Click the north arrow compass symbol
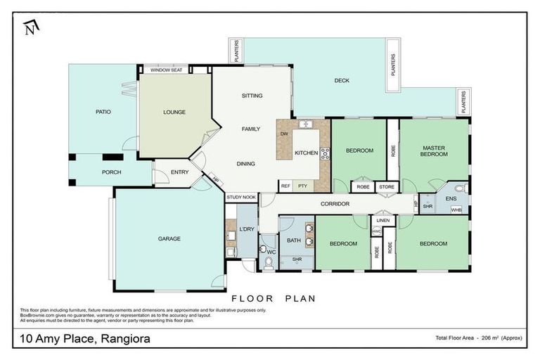coord(30,27)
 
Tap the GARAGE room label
coord(169,239)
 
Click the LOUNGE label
coord(174,112)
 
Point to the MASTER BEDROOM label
coord(435,151)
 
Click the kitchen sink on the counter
coord(306,124)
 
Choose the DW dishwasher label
coord(284,134)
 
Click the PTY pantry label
coord(302,186)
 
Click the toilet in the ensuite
coord(459,188)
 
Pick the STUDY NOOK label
coord(240,198)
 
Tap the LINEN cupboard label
coord(383,221)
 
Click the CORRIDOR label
coord(335,204)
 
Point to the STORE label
coord(387,187)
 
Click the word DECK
coord(342,81)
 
